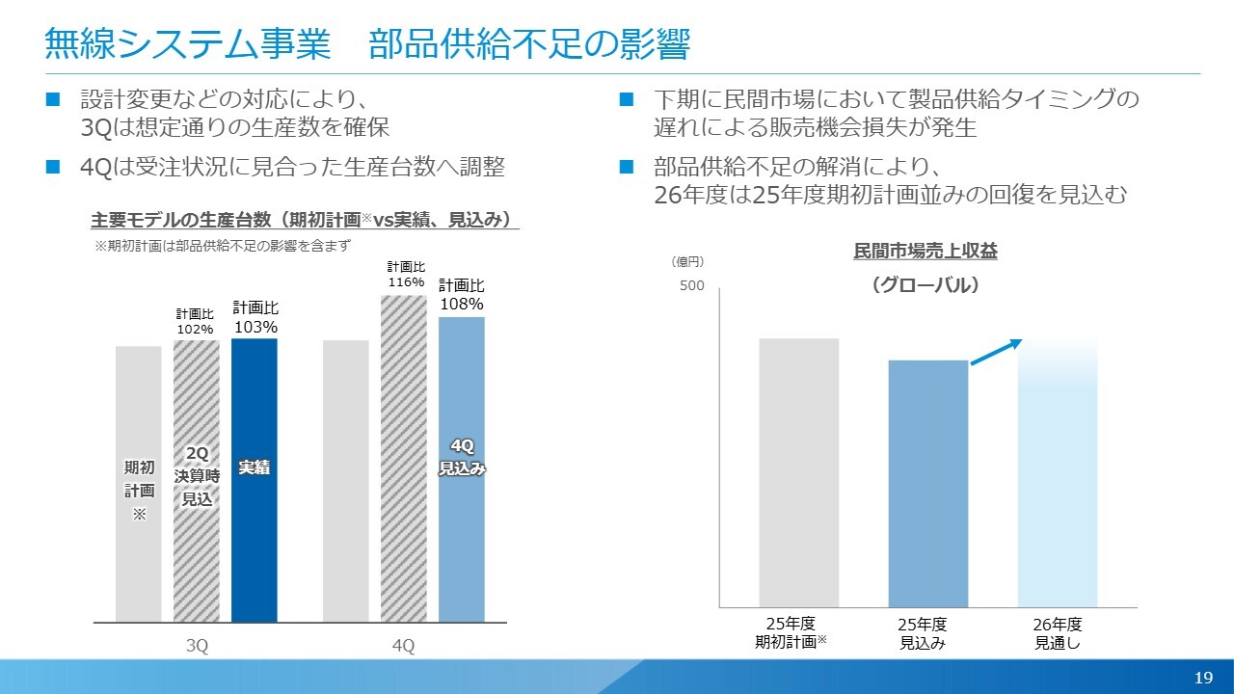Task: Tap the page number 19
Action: pos(1203,678)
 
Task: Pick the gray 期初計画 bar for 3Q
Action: pos(139,483)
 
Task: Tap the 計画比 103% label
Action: pos(255,318)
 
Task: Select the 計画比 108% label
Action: pos(462,295)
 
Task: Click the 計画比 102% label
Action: pos(195,322)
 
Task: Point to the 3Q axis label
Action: pos(198,647)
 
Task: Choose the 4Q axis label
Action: pos(404,647)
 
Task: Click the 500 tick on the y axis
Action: pos(692,287)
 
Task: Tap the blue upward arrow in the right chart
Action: pos(995,352)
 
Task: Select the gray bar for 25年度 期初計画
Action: pos(799,472)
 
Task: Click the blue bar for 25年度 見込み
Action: pos(927,483)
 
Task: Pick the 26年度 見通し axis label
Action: pos(1058,633)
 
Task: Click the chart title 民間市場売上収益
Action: pos(925,252)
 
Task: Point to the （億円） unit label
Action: pos(687,261)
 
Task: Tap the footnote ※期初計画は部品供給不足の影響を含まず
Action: pos(222,246)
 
